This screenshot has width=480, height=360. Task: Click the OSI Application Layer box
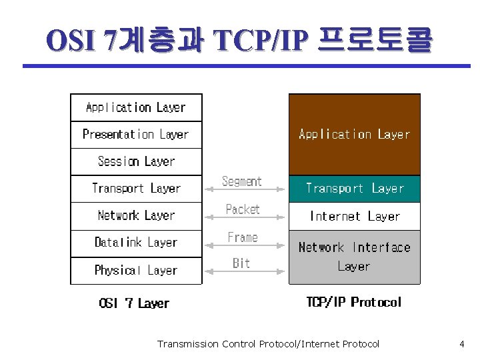136,107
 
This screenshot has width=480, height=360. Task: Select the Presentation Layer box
136,134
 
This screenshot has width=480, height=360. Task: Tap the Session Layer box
136,161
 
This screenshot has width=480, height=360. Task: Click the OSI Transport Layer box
136,189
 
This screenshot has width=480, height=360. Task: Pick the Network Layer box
136,215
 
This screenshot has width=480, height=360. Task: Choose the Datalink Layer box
136,243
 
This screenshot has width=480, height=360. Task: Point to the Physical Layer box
136,270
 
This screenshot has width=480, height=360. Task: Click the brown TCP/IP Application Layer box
354,135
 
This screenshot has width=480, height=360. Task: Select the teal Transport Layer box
354,189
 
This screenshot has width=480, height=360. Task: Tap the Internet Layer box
354,216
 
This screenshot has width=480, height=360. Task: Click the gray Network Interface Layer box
354,257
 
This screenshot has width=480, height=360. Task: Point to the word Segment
241,181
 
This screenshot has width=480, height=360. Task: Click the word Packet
243,209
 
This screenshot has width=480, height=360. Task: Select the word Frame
243,237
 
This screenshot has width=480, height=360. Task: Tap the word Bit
241,263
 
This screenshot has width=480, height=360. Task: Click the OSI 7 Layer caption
134,303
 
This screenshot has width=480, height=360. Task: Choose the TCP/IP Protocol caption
353,302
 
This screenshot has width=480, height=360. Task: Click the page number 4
461,344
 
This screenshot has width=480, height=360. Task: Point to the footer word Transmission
187,344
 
